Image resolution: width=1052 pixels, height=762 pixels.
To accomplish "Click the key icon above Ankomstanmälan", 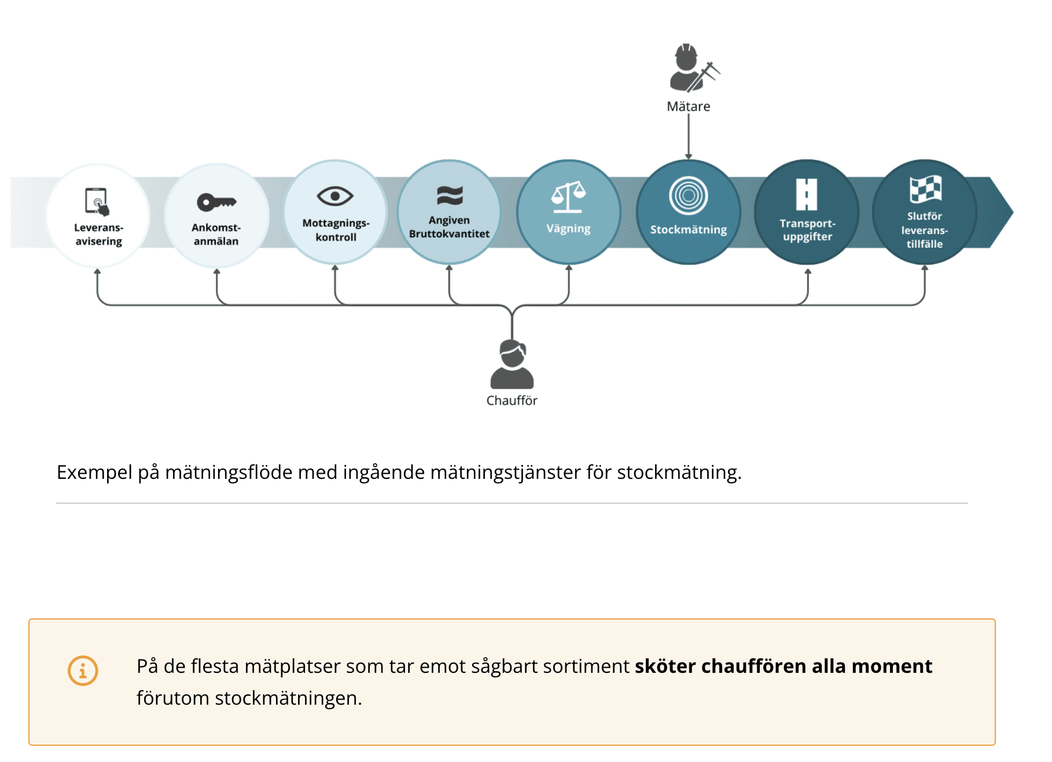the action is click(x=216, y=202).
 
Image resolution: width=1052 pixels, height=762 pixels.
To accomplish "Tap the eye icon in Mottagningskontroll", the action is click(x=335, y=196).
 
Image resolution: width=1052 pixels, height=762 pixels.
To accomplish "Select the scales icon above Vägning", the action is click(x=568, y=197).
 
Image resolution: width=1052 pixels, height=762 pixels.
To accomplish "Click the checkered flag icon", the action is click(x=925, y=189).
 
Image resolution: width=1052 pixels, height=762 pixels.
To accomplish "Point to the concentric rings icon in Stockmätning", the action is click(x=689, y=196).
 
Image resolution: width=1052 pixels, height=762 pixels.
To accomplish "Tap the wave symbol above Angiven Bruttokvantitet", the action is click(x=450, y=196).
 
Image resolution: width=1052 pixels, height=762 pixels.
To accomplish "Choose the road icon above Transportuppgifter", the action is click(x=807, y=195).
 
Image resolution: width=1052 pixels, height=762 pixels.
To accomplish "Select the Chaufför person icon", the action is click(x=512, y=364).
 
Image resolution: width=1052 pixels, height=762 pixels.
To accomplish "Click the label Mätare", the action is click(x=689, y=107).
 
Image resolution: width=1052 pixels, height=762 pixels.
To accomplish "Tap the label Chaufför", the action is click(x=512, y=401).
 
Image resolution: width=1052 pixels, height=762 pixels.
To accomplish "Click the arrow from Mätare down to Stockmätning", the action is click(x=689, y=137).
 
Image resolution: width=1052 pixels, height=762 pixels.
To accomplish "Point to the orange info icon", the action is click(x=83, y=671).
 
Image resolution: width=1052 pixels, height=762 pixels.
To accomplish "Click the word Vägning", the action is click(x=568, y=229).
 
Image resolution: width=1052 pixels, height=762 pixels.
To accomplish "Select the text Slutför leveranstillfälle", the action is click(x=925, y=230).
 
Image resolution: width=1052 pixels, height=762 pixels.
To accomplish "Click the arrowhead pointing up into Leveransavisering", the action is click(x=97, y=271).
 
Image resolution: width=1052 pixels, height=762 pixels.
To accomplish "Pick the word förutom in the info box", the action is click(x=173, y=698).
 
